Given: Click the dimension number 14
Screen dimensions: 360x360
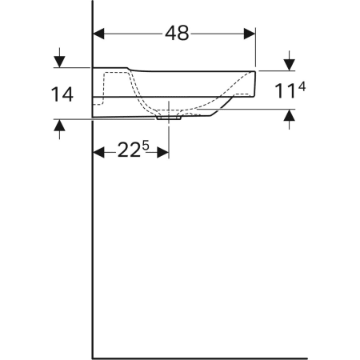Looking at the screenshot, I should coord(61,94).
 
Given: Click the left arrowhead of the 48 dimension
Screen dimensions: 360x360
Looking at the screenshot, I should coord(100,34).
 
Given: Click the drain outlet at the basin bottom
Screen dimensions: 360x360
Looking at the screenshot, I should coord(169,117).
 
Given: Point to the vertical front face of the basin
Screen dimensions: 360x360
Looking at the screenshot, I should coord(255,82).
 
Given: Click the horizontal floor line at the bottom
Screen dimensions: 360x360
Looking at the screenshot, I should coord(200,358).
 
